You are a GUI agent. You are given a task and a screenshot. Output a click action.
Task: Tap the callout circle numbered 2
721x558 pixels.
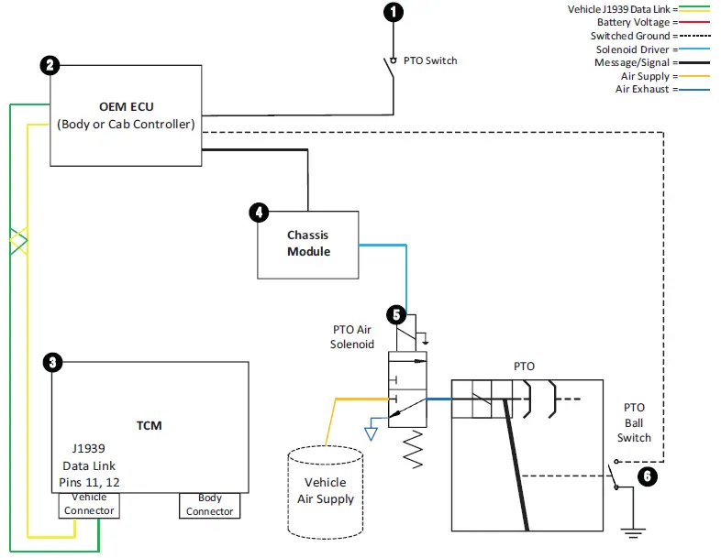coord(50,65)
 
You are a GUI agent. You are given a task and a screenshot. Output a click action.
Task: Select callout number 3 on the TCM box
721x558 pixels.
coord(53,363)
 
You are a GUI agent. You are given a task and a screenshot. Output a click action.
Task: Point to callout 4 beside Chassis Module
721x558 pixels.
coord(259,213)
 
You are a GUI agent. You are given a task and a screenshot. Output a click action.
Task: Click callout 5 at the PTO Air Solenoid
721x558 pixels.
coord(396,314)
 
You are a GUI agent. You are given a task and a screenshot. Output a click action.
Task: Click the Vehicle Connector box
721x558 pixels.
coord(89,504)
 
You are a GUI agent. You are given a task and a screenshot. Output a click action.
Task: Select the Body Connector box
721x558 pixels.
coord(209,505)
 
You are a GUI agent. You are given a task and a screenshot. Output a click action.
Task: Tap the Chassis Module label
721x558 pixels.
coord(307,243)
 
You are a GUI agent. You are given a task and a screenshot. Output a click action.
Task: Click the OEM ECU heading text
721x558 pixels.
coord(126,107)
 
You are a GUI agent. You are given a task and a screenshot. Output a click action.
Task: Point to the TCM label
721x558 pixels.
coord(149,425)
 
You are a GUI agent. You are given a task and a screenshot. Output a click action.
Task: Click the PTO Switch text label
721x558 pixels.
coord(429,60)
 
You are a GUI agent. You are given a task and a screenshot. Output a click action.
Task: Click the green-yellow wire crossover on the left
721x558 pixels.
coord(18,242)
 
